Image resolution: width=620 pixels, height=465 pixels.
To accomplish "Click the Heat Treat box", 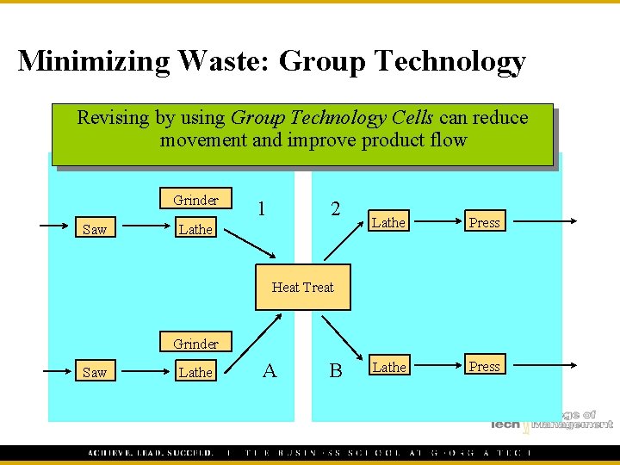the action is [x=302, y=287].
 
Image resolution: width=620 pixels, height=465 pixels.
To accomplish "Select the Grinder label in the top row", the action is [x=195, y=200].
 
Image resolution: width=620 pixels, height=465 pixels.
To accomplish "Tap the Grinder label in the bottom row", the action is [x=195, y=344].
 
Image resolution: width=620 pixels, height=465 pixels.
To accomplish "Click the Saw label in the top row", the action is [x=94, y=229].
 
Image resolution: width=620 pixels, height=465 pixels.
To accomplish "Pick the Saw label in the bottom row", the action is [x=94, y=373].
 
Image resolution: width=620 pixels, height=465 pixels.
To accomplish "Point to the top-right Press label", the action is [x=484, y=222].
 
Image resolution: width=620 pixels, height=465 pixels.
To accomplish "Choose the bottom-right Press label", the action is [x=484, y=366].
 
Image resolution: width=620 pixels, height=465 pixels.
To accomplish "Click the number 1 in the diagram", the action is [x=261, y=208].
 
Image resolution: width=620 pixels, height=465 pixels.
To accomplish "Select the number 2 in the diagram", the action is [x=336, y=208].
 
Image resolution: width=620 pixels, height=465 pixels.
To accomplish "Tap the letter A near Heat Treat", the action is [x=270, y=370].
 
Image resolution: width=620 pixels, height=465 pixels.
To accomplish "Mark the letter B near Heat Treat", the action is [x=336, y=370].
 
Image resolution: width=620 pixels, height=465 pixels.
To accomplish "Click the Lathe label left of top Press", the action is [x=388, y=222].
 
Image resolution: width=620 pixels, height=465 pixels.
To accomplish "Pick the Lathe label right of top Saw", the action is [x=195, y=229].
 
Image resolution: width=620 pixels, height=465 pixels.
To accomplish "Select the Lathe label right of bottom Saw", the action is [x=195, y=373].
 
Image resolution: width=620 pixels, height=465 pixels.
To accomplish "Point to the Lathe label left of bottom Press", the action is [x=388, y=367].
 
